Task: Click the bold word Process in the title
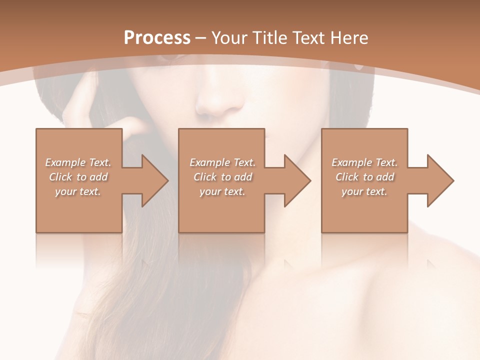157,37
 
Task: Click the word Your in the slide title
229,37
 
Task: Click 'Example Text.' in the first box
78,162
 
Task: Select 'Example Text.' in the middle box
222,162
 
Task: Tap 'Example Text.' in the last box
364,162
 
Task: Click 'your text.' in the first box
78,191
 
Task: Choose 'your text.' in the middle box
222,191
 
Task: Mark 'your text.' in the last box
364,191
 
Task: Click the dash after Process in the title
201,38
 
